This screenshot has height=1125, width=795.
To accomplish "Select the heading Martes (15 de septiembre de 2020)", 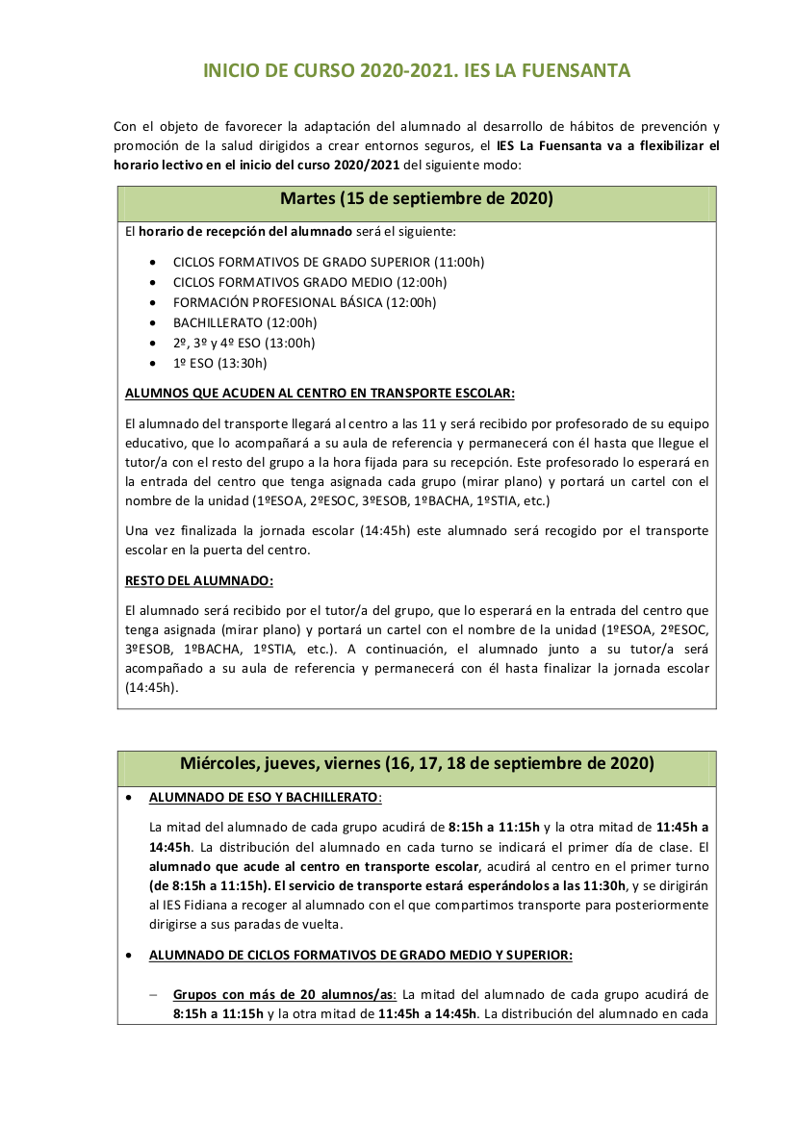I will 417,199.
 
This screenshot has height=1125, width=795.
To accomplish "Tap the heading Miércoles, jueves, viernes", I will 417,763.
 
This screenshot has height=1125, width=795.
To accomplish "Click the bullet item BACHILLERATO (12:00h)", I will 244,322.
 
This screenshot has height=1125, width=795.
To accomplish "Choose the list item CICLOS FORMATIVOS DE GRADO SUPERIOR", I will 328,262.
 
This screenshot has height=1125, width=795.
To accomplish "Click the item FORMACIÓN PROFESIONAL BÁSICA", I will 304,302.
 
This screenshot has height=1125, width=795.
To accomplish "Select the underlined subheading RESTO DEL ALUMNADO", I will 199,580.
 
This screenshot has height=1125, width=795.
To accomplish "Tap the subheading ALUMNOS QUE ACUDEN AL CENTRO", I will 320,393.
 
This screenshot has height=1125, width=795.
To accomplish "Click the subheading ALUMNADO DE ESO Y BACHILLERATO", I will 265,798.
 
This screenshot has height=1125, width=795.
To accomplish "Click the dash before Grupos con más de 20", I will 154,995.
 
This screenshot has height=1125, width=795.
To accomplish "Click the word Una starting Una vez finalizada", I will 139,530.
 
